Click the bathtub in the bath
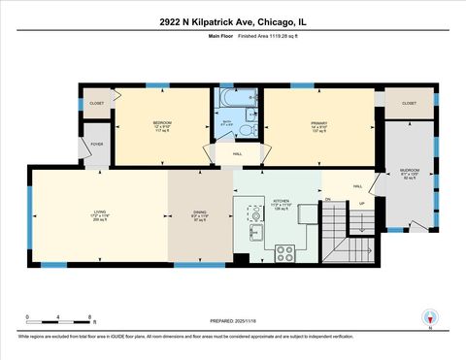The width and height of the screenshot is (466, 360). coord(236,99)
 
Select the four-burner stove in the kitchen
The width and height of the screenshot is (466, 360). coord(285,252)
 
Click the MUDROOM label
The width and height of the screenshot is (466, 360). coord(409,172)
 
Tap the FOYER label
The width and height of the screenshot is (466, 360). coord(97,144)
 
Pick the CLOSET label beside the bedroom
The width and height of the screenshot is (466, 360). coord(96,103)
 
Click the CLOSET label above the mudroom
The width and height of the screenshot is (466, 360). coord(409,103)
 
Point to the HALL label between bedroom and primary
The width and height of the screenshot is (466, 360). coord(237,153)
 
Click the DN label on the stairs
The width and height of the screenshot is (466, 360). coord(328,201)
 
